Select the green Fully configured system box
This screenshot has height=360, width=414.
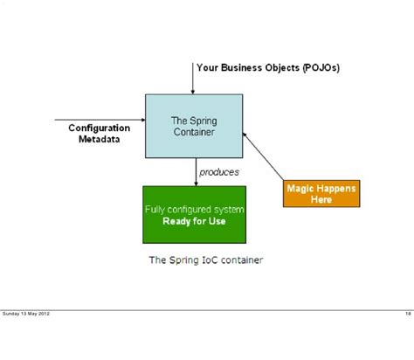coord(194,214)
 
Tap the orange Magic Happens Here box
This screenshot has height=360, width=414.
coord(321,193)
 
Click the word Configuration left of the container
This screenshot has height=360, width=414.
coord(100,128)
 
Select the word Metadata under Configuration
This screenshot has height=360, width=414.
coord(100,139)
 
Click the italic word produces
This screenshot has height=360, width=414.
coord(218,172)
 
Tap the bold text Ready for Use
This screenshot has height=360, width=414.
coord(194,221)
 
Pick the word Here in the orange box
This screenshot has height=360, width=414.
coord(321,199)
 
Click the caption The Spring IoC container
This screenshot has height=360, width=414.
coord(205,260)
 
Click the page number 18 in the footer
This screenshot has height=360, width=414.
coord(408,314)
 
